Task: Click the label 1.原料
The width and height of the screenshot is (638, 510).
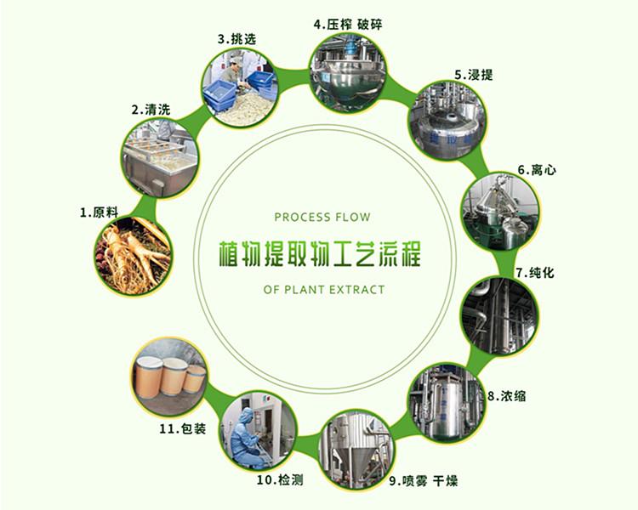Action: pos(99,212)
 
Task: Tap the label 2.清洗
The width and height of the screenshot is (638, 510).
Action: pos(151,110)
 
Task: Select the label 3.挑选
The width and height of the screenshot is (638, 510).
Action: pos(237,39)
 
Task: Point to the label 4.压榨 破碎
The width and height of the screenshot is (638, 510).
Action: pos(348,25)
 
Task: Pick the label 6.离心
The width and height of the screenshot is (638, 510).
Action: pos(537,170)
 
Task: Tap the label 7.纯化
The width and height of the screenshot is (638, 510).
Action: pos(535,273)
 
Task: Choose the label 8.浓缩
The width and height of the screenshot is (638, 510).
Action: pos(507,395)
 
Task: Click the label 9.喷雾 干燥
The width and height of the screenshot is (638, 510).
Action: pos(424,481)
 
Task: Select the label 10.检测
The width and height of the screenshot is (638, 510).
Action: pos(280,480)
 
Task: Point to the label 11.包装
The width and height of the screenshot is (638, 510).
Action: pos(182,428)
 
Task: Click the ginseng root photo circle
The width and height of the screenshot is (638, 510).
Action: pos(133,255)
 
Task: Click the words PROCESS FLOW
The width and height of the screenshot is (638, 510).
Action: pos(322,218)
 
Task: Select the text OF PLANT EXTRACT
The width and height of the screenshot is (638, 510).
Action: pos(324,290)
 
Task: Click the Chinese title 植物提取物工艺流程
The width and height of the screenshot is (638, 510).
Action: pos(320,254)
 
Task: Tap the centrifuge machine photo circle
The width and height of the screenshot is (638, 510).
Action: pos(501,212)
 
